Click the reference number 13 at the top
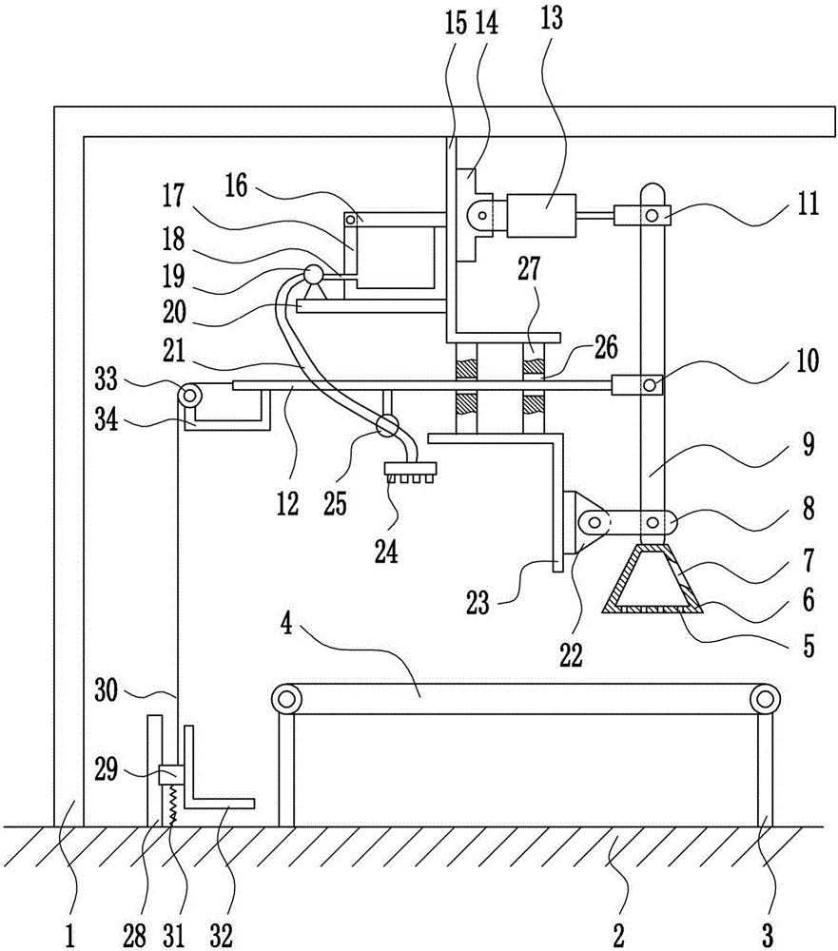551,19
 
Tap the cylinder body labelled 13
541,215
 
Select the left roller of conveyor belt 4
286,699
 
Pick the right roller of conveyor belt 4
765,699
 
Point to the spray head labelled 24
410,472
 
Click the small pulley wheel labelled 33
190,396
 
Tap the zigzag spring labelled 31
172,805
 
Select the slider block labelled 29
171,774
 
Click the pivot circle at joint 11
652,215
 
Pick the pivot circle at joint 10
650,385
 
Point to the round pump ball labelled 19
313,275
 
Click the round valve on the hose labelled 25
387,425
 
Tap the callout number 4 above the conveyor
287,624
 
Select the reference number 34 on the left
106,419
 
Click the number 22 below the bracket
571,655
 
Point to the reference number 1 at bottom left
70,935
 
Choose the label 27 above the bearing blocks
529,269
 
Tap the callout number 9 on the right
809,444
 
